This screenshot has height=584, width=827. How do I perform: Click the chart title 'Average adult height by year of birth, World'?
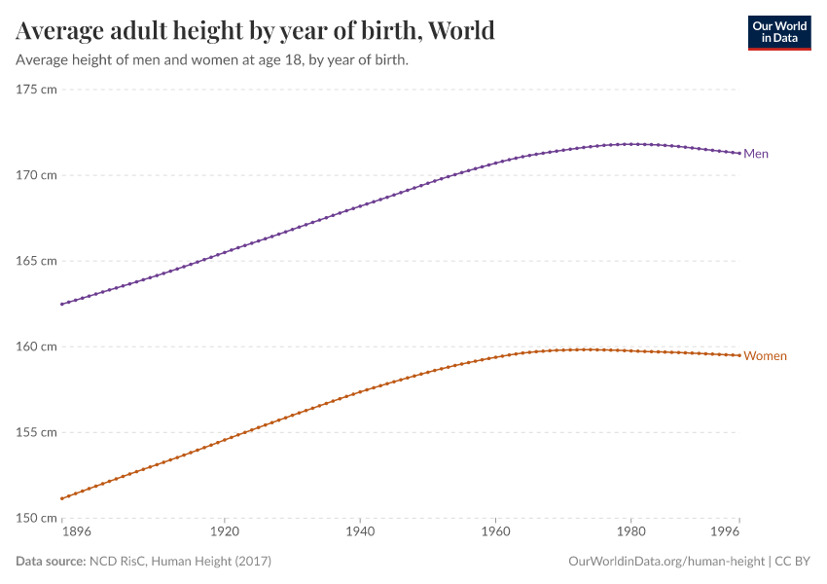(255, 31)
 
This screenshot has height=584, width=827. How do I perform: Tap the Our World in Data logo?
(778, 32)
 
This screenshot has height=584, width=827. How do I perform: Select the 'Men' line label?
(756, 154)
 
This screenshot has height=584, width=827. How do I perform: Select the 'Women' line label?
(765, 356)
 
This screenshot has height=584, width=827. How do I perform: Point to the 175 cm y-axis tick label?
(37, 90)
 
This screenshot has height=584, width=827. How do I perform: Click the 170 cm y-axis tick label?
(37, 175)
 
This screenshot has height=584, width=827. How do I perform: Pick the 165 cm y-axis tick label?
(37, 261)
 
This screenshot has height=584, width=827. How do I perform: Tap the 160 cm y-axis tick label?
(37, 347)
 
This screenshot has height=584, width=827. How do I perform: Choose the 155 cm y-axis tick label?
(37, 432)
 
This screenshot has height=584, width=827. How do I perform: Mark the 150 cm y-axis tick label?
(37, 518)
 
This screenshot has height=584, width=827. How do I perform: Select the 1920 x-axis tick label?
(224, 533)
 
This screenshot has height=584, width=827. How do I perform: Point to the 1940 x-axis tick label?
(360, 533)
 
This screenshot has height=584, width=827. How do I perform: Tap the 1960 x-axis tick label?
(495, 533)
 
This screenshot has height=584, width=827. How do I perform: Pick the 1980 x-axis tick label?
(630, 533)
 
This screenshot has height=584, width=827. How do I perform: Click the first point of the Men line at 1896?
(62, 304)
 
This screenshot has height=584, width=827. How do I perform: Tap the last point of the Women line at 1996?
(739, 355)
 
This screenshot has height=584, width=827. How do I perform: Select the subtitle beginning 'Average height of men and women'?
(212, 59)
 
